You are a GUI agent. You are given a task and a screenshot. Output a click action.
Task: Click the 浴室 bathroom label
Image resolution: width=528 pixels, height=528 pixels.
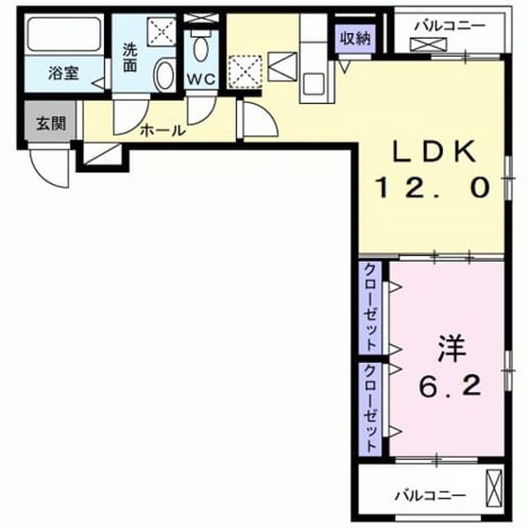(x=64, y=73)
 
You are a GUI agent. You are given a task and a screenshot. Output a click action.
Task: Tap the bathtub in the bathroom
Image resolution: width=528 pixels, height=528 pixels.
(x=64, y=35)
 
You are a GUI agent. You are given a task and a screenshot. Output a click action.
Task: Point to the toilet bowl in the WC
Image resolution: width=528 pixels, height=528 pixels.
(x=201, y=49)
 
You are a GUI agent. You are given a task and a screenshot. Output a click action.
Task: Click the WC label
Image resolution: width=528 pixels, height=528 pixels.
(x=201, y=79)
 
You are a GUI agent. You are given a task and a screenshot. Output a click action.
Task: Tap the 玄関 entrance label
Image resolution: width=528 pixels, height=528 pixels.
(x=50, y=124)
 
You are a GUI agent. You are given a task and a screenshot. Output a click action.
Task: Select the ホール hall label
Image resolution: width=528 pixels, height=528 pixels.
(x=163, y=130)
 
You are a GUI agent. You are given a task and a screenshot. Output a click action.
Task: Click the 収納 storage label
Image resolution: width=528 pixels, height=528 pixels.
(x=355, y=39)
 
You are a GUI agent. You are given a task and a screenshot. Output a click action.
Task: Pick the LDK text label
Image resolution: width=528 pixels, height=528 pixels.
(x=435, y=152)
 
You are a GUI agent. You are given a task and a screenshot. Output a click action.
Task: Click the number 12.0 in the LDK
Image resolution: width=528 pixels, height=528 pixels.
(x=432, y=188)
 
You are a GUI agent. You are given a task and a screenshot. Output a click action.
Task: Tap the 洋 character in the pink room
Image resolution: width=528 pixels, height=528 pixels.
(x=451, y=348)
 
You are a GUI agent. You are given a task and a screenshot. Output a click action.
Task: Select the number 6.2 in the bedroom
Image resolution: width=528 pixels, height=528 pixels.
(x=450, y=385)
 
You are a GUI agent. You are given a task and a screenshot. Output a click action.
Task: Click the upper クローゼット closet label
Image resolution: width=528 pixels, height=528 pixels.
(x=370, y=307)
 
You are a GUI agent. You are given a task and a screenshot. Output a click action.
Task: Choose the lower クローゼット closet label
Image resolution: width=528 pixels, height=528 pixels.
(x=370, y=408)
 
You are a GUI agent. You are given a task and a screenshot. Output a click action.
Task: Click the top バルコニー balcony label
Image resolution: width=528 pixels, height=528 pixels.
(x=450, y=26)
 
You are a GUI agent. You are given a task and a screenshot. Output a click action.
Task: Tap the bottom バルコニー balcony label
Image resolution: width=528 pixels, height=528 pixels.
(x=431, y=495)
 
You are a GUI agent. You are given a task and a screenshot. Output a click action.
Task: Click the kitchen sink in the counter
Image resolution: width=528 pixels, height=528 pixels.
(x=313, y=84)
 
